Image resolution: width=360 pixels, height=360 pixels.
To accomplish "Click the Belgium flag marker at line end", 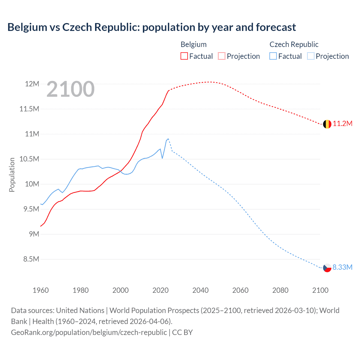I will pyautogui.click(x=327, y=124).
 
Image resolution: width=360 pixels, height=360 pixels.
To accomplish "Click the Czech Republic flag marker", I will pyautogui.click(x=327, y=268).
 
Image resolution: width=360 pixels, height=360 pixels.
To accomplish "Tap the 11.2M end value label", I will pyautogui.click(x=343, y=124).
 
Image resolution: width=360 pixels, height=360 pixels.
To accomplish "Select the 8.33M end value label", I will pyautogui.click(x=342, y=267).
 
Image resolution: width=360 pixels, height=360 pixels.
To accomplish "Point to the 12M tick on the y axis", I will pyautogui.click(x=32, y=84).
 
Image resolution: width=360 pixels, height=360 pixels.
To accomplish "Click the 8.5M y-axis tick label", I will pyautogui.click(x=31, y=259).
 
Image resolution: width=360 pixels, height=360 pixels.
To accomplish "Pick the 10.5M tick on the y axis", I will pyautogui.click(x=29, y=159).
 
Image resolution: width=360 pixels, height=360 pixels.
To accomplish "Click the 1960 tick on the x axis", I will pyautogui.click(x=41, y=290).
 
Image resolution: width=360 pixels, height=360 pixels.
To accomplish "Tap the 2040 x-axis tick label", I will pyautogui.click(x=200, y=290).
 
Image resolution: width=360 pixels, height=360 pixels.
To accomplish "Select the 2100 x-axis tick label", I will pyautogui.click(x=320, y=290).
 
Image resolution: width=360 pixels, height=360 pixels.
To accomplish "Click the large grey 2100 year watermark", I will pyautogui.click(x=71, y=89).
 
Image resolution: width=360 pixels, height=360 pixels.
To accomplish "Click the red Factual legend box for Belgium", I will pyautogui.click(x=184, y=56).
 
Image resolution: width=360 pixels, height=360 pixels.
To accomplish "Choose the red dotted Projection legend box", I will pyautogui.click(x=222, y=56).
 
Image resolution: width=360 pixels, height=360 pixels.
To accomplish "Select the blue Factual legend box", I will pyautogui.click(x=273, y=56).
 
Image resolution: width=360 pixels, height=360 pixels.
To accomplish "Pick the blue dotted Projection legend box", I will pyautogui.click(x=310, y=56).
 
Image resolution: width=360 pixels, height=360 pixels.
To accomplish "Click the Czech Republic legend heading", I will pyautogui.click(x=294, y=44).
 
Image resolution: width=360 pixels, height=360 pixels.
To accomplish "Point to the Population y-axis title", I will pyautogui.click(x=12, y=175).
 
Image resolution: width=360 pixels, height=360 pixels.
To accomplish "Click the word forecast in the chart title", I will pyautogui.click(x=276, y=27).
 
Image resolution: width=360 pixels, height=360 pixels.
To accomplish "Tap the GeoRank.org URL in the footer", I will pyautogui.click(x=89, y=332).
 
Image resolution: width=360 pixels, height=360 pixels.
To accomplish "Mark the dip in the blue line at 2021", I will pyautogui.click(x=162, y=158).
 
